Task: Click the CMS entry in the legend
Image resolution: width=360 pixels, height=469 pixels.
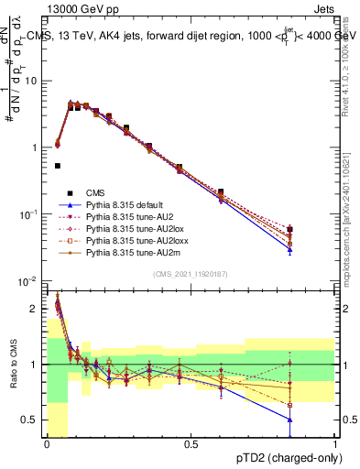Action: pyautogui.click(x=95, y=192)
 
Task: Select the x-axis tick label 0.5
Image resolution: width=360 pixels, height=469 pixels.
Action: pyautogui.click(x=191, y=444)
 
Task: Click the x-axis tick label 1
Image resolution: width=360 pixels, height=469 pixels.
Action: pyautogui.click(x=335, y=444)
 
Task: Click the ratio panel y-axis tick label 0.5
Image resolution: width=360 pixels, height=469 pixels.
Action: pyautogui.click(x=31, y=420)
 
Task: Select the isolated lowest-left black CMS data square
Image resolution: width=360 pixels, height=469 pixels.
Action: pyautogui.click(x=57, y=166)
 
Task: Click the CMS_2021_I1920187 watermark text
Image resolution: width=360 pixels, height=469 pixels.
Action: pyautogui.click(x=191, y=274)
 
